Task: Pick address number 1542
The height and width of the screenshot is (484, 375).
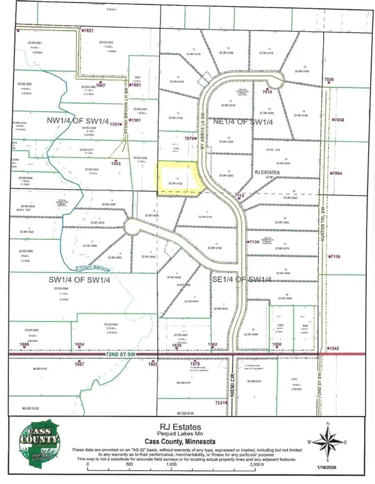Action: click(335, 348)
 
